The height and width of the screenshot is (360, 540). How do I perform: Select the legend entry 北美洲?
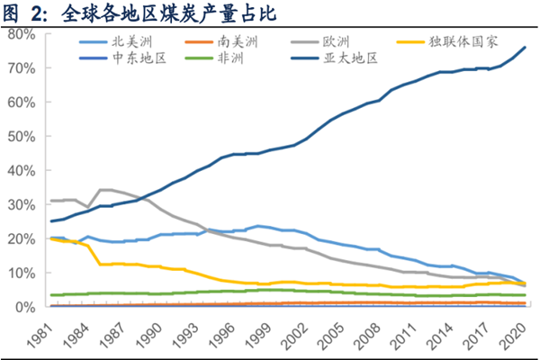click(126, 41)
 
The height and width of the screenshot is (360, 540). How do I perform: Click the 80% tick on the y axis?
click(22, 34)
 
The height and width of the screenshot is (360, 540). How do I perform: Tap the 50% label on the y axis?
click(22, 137)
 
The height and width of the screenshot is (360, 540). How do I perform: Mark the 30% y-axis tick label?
click(22, 204)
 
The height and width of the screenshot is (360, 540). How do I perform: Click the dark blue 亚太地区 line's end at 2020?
click(525, 47)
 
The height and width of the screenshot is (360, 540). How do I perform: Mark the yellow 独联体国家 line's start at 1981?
click(52, 238)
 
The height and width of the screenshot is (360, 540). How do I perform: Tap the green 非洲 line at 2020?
click(525, 295)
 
